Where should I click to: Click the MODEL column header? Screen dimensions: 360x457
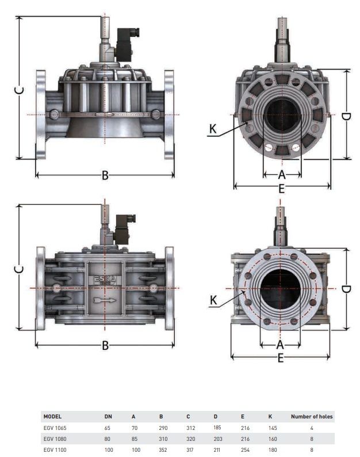tap(52, 417)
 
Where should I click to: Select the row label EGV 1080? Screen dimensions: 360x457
tap(55, 439)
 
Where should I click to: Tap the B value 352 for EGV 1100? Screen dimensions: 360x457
tap(163, 450)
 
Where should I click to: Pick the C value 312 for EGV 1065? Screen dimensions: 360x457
tap(190, 428)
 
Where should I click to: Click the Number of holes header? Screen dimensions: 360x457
tap(312, 417)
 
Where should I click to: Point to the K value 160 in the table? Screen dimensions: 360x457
tap(273, 439)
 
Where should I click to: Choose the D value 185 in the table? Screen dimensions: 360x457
tap(217, 428)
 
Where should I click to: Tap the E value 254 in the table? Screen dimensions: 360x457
tap(245, 450)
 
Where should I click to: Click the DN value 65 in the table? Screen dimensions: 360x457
tap(107, 428)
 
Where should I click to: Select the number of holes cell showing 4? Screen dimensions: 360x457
tap(312, 428)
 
